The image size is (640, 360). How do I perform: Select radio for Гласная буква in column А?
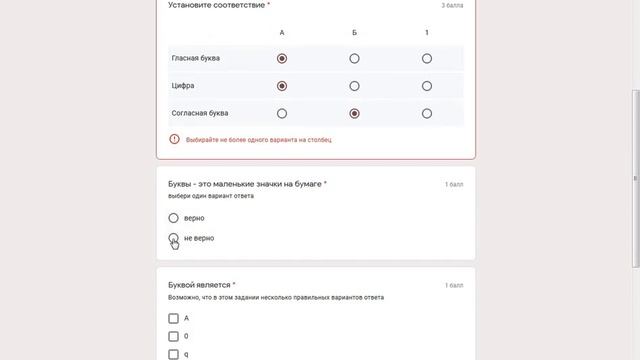click(x=282, y=58)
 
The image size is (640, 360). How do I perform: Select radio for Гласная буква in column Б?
click(x=354, y=58)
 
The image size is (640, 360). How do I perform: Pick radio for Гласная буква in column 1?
click(x=427, y=58)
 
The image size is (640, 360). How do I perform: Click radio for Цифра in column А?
click(x=282, y=86)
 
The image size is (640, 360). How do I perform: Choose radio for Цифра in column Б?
click(x=354, y=86)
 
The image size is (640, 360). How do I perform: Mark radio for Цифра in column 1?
click(x=427, y=86)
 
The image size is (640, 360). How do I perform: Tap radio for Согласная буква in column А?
click(x=282, y=114)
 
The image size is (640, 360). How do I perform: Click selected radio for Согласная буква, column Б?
click(x=354, y=114)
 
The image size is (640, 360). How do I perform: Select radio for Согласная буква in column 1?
click(x=427, y=114)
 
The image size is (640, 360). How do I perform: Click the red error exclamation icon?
click(x=175, y=139)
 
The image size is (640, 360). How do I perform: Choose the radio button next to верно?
click(x=174, y=217)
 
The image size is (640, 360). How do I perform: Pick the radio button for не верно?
click(x=174, y=238)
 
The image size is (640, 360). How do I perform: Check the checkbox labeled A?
click(x=174, y=318)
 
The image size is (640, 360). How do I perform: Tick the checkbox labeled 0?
click(x=174, y=336)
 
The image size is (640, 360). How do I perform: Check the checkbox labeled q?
click(x=174, y=353)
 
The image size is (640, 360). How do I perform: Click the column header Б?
click(x=354, y=33)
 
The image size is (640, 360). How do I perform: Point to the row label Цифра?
click(x=183, y=86)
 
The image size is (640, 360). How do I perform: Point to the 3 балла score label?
click(x=452, y=6)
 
